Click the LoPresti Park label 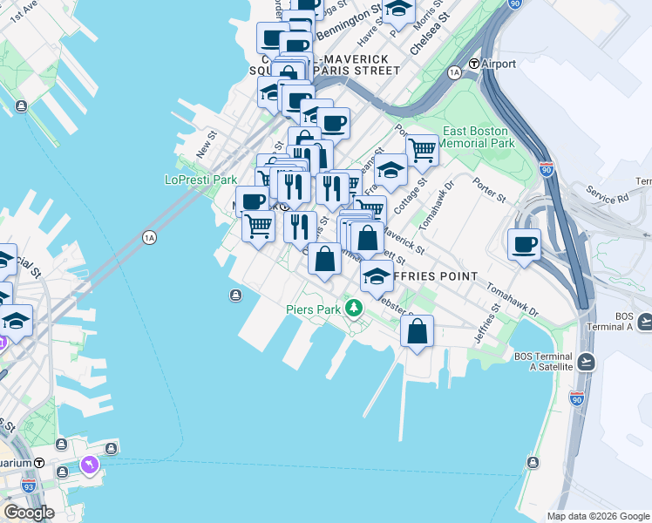(x=201, y=180)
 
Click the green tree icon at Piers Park (x=353, y=308)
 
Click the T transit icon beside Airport (x=474, y=64)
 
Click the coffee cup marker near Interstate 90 (x=524, y=245)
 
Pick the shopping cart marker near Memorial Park (x=422, y=150)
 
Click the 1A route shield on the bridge (x=149, y=237)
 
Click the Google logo (x=29, y=513)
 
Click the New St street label (x=207, y=144)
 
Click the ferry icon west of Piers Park (x=235, y=295)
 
